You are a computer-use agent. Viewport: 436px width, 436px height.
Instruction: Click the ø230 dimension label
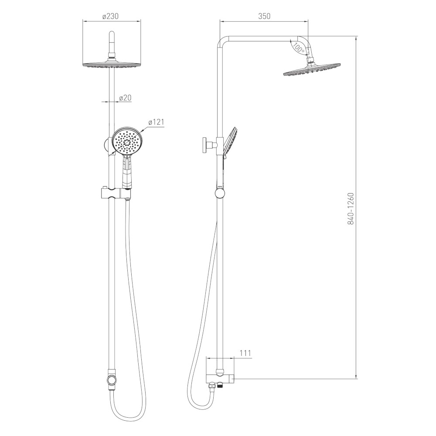(110, 16)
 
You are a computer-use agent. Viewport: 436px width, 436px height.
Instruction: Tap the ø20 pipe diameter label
(125, 98)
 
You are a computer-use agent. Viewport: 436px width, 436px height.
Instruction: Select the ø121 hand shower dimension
(156, 122)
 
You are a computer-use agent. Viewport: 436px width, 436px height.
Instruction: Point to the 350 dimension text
(264, 16)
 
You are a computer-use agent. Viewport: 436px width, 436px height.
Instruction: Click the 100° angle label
(299, 48)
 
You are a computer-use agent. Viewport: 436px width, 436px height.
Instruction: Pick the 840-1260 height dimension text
(351, 208)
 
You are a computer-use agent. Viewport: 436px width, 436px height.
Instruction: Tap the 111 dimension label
(245, 353)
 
